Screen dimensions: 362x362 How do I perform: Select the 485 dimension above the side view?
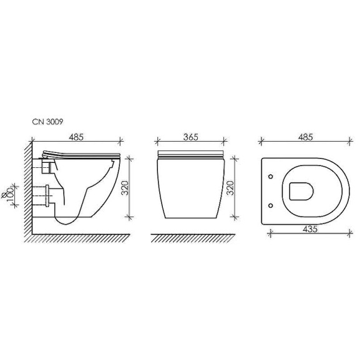point(77,137)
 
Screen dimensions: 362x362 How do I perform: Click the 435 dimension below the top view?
point(308,228)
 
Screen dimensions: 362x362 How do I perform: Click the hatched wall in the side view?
point(27,187)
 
